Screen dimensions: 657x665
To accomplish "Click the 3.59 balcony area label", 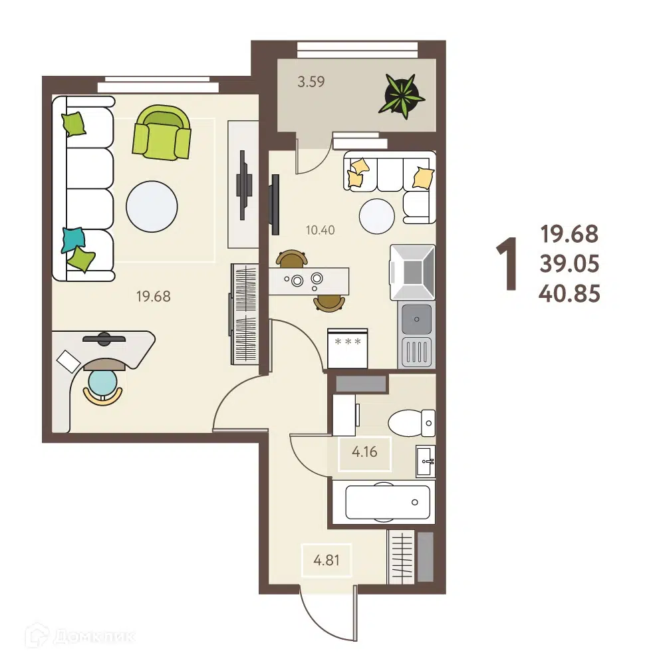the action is [311, 81].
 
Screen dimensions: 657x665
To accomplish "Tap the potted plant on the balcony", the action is [401, 95].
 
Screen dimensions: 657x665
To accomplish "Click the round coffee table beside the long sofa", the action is [152, 207].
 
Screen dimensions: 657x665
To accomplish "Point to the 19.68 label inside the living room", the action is [154, 296].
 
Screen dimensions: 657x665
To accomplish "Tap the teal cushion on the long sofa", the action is [73, 239].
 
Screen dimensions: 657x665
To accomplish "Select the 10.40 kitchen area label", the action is [321, 230].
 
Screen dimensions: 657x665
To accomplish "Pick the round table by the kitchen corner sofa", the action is [376, 216].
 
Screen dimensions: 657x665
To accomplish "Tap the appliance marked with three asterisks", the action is [347, 348].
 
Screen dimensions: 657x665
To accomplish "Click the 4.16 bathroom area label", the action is [364, 452].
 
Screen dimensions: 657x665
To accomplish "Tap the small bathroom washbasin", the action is [426, 461].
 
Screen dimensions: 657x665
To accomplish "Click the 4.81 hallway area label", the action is [326, 560].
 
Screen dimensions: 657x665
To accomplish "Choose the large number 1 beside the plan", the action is [507, 264].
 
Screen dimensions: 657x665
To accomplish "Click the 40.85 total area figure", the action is [569, 293].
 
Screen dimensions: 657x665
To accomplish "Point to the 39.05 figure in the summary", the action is [569, 264].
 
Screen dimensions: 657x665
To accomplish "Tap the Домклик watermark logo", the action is [80, 636].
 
